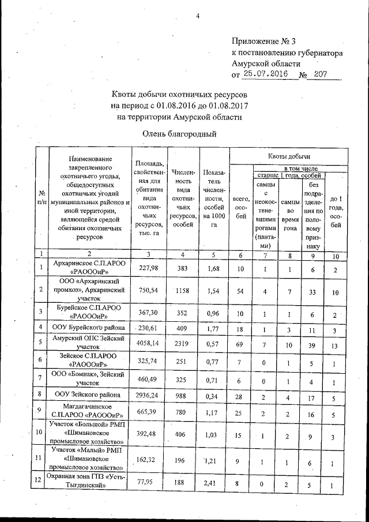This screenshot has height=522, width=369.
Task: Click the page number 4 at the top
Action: (x=197, y=16)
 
